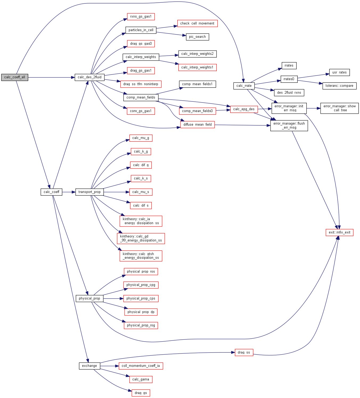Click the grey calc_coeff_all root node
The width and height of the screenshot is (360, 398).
(x=15, y=77)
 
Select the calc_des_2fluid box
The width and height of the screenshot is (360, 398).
(x=89, y=77)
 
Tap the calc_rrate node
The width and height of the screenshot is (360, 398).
(x=244, y=86)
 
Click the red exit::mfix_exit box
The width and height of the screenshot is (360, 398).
(x=339, y=232)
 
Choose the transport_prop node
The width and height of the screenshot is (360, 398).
(x=89, y=192)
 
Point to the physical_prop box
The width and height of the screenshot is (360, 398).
(x=89, y=298)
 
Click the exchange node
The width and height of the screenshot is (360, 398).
(x=89, y=366)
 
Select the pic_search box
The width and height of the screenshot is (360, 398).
(x=197, y=37)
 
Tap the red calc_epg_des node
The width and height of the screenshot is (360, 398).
(x=244, y=109)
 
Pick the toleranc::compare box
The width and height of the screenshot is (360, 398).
(x=339, y=86)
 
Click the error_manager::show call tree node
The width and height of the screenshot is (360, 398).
(x=339, y=108)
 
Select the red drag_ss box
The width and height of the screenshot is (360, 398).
(x=244, y=352)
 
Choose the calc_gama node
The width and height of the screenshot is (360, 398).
(x=141, y=379)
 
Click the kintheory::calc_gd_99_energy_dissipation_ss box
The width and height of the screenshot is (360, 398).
(x=141, y=238)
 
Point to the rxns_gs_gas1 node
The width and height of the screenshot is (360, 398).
(x=141, y=17)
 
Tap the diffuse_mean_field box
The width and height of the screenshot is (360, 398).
(x=198, y=125)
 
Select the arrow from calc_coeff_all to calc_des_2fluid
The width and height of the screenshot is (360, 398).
(x=51, y=77)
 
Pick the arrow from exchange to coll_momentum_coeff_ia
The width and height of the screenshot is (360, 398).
(x=109, y=366)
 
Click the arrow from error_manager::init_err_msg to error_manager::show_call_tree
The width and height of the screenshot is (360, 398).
(x=313, y=108)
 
